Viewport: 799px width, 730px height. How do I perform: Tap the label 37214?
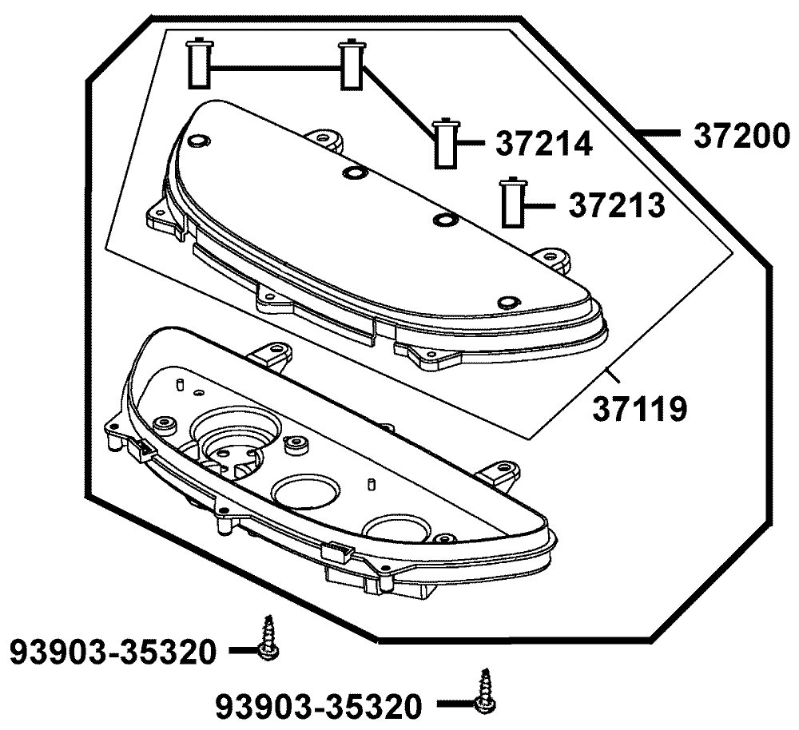click(544, 145)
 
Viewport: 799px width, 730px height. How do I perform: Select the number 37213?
click(617, 205)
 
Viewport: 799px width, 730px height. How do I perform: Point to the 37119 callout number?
click(640, 410)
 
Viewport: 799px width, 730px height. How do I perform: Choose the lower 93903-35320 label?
click(319, 706)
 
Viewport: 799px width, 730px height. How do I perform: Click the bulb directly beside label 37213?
click(511, 203)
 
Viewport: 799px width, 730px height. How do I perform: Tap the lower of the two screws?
click(483, 691)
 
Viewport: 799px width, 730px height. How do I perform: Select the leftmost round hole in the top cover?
click(197, 141)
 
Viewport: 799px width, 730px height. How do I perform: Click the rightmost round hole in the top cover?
click(507, 302)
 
